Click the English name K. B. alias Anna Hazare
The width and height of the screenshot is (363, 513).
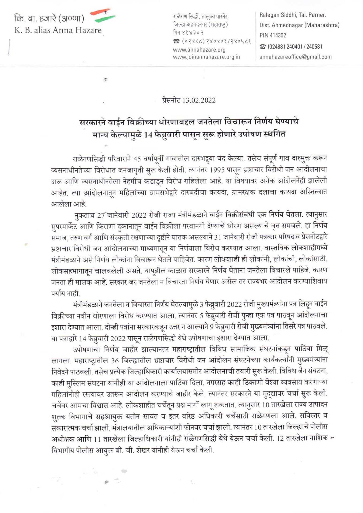pyautogui.click(x=58, y=30)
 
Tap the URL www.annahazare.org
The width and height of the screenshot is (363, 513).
pyautogui.click(x=199, y=50)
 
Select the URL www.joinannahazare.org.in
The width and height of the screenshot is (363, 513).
pyautogui.click(x=206, y=57)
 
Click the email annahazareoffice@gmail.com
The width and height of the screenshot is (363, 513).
pyautogui.click(x=295, y=57)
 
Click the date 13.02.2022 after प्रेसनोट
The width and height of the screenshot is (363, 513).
pyautogui.click(x=199, y=100)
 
